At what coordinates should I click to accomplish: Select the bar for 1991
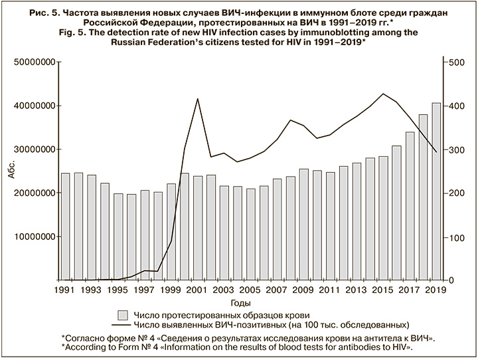coord(65,226)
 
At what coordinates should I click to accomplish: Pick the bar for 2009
coord(303,225)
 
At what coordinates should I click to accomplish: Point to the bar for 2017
coord(410,206)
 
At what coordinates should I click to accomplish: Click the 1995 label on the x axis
coord(118,290)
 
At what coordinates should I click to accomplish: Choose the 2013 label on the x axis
coord(356,290)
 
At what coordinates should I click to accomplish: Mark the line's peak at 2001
coord(198,98)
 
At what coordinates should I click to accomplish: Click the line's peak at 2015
coord(383,94)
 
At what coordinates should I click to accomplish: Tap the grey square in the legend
coord(121,314)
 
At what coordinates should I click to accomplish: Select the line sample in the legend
coord(121,325)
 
